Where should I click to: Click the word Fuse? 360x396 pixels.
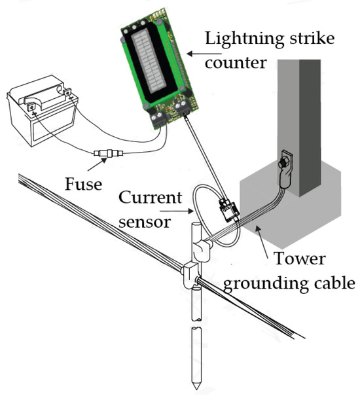click(x=83, y=184)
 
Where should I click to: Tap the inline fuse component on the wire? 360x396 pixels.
click(x=109, y=153)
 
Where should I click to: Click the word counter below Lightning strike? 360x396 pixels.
click(x=236, y=62)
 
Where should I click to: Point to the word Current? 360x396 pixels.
click(x=151, y=197)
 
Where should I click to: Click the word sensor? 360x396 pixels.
click(x=145, y=222)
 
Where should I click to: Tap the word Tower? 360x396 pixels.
click(x=299, y=259)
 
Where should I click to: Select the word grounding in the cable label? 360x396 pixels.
click(x=266, y=284)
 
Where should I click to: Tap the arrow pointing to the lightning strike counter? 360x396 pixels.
click(x=204, y=54)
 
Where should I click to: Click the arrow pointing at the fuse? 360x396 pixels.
click(x=97, y=164)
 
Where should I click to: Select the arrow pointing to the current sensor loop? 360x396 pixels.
click(x=177, y=211)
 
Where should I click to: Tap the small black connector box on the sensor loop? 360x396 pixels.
click(x=228, y=210)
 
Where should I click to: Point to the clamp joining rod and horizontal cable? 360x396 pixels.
click(x=190, y=276)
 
